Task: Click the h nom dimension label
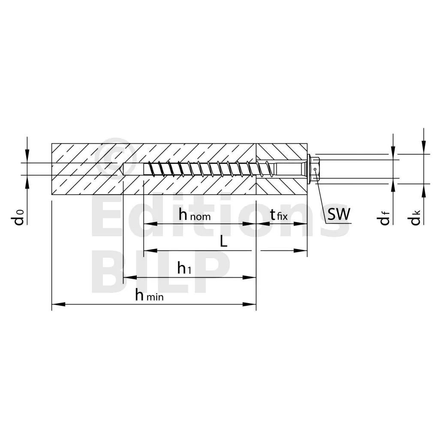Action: (x=195, y=215)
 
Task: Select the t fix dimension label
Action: (x=278, y=215)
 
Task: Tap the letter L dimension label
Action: (x=223, y=242)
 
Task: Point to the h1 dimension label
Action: (x=184, y=269)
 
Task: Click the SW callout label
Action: (x=339, y=214)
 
